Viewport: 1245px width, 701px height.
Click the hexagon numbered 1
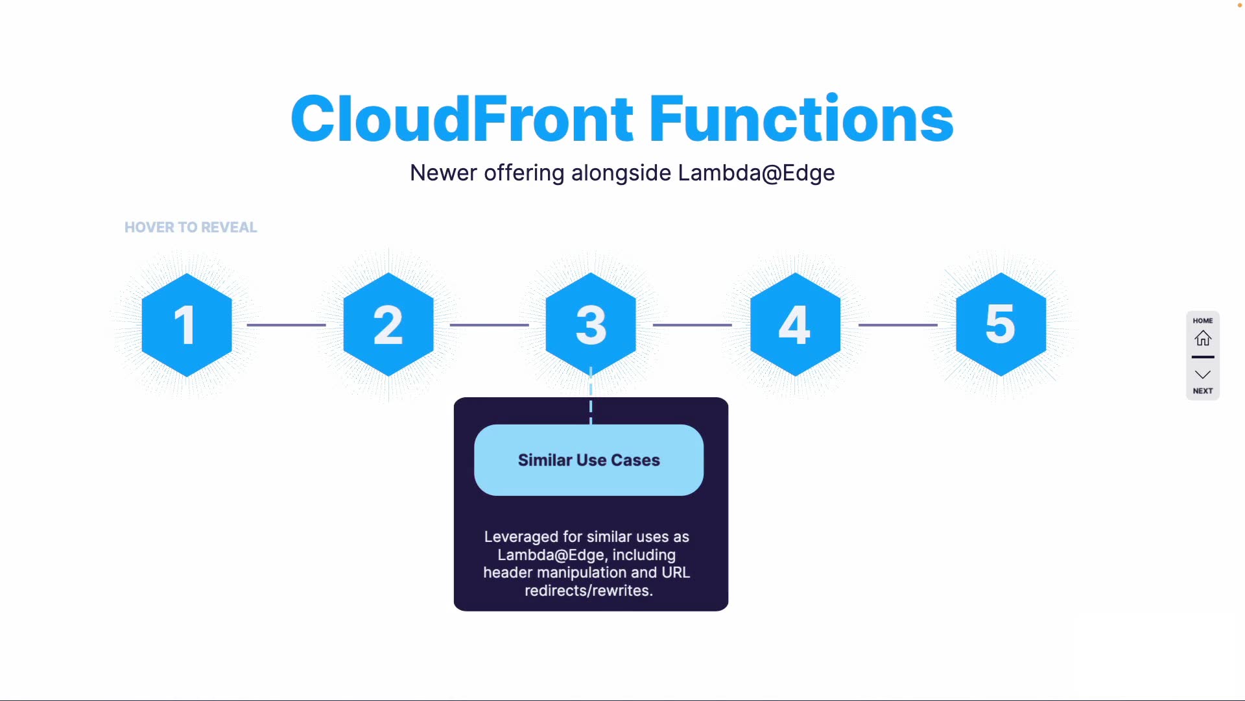click(x=187, y=325)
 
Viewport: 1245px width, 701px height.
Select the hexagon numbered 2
click(x=388, y=325)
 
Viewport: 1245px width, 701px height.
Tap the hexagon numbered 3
click(x=591, y=325)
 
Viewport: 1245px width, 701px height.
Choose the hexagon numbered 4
click(x=795, y=325)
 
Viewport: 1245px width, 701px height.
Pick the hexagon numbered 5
click(x=1001, y=325)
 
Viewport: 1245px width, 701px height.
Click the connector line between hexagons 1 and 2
click(x=286, y=325)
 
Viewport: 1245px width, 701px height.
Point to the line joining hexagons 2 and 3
click(x=489, y=325)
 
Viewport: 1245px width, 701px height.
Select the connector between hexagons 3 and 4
click(x=692, y=325)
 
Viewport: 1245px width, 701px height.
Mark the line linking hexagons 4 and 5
click(x=897, y=325)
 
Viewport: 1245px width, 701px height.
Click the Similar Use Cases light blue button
click(x=589, y=460)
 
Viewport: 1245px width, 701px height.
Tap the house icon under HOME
click(x=1203, y=338)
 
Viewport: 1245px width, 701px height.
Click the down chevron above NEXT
click(x=1203, y=375)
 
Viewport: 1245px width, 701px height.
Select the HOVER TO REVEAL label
click(x=191, y=227)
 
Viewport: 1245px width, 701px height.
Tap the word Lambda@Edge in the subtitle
click(x=756, y=173)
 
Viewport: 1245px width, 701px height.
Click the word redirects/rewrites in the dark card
click(x=588, y=591)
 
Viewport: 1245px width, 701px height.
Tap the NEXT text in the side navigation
click(x=1203, y=391)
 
